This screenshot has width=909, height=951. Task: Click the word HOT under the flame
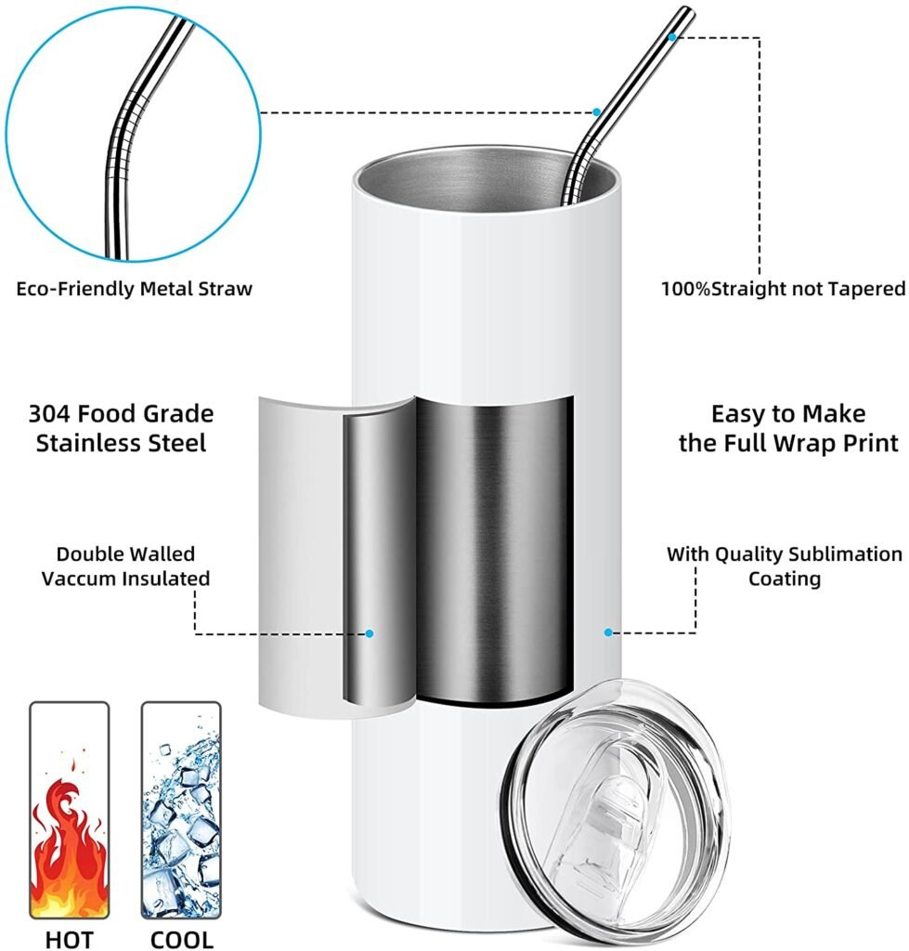pyautogui.click(x=69, y=940)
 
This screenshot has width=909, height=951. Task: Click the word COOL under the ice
pyautogui.click(x=181, y=940)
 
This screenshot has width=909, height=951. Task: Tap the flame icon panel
pyautogui.click(x=69, y=810)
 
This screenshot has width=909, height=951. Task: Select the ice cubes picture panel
pyautogui.click(x=181, y=810)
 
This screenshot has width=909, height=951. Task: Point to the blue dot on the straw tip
pyautogui.click(x=672, y=37)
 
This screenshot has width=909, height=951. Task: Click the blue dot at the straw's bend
pyautogui.click(x=597, y=112)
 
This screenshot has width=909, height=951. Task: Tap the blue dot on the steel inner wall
pyautogui.click(x=370, y=633)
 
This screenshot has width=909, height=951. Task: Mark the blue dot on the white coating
pyautogui.click(x=608, y=632)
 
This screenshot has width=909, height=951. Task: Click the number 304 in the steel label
pyautogui.click(x=50, y=413)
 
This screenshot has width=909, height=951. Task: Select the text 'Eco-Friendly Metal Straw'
pyautogui.click(x=134, y=289)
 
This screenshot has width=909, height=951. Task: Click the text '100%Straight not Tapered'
pyautogui.click(x=783, y=289)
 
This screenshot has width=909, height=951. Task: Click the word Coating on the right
pyautogui.click(x=785, y=578)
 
